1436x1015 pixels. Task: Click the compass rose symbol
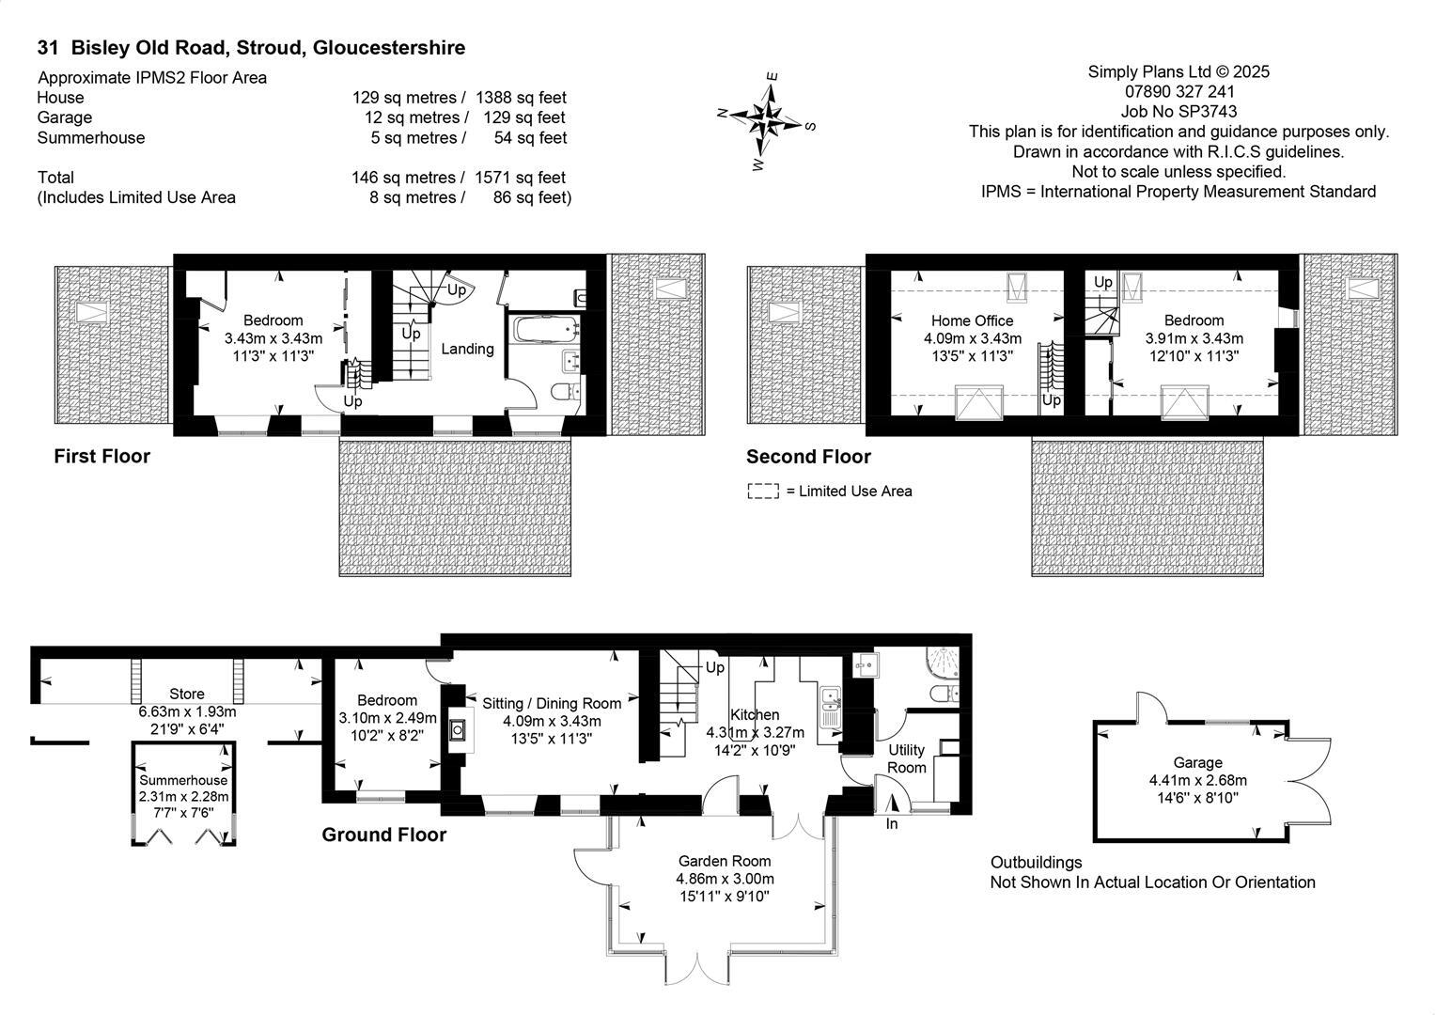(x=769, y=120)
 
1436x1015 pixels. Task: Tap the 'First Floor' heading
(x=101, y=457)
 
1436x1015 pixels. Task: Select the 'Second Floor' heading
(x=808, y=457)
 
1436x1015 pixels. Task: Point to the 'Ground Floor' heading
(x=383, y=835)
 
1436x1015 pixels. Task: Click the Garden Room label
(x=725, y=861)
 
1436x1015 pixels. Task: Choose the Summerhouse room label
(x=183, y=780)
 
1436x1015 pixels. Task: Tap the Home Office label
(x=972, y=320)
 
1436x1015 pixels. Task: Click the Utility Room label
(x=907, y=758)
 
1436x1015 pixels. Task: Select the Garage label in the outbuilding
(x=1197, y=762)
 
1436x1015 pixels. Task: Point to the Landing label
(x=467, y=349)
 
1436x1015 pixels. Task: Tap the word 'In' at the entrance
(x=892, y=824)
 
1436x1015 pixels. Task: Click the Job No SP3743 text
(x=1179, y=112)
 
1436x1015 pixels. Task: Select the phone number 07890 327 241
(x=1179, y=92)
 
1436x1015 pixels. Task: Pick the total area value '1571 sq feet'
(x=521, y=178)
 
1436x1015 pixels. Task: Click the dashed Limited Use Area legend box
(x=763, y=492)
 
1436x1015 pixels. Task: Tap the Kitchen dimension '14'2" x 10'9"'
(x=755, y=751)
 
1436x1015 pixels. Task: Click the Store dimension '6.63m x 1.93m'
(x=187, y=712)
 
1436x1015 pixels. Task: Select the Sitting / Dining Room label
(x=552, y=703)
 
